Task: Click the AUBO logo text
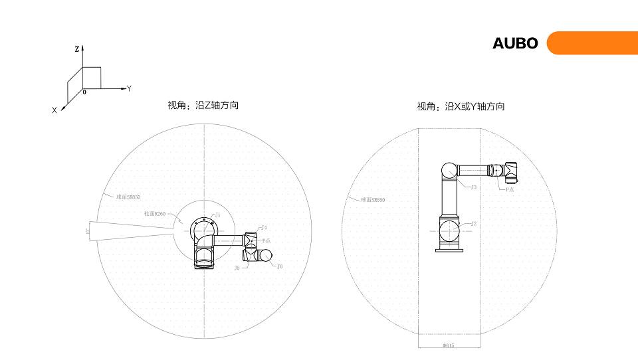click(515, 44)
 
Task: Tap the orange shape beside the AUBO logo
click(591, 43)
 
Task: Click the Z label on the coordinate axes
click(77, 49)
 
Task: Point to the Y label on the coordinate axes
click(129, 88)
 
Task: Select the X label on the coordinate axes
click(54, 111)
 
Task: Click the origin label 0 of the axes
click(84, 92)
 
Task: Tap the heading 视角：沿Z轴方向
click(203, 105)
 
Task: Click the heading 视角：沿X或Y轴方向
click(461, 106)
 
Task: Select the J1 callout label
click(217, 215)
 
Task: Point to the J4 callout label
click(264, 228)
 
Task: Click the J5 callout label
click(237, 268)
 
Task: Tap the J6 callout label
click(280, 266)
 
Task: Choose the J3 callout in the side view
click(473, 187)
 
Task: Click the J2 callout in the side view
click(474, 224)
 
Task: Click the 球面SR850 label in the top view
click(128, 197)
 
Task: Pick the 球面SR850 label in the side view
click(372, 199)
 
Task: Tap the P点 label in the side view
click(510, 189)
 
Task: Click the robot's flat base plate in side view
click(449, 250)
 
